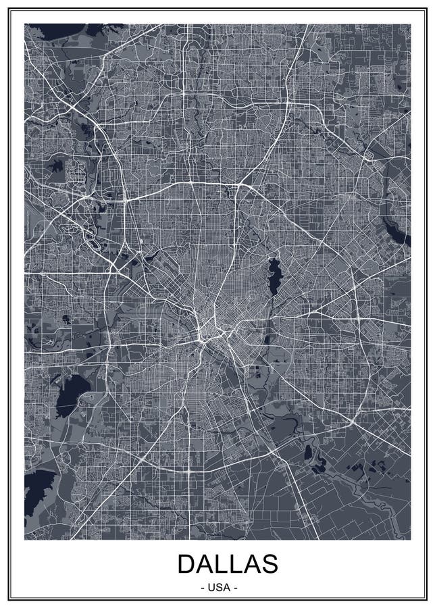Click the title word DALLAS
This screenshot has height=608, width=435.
pyautogui.click(x=228, y=564)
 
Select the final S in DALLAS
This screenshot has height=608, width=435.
pyautogui.click(x=269, y=564)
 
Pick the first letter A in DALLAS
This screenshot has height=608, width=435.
pyautogui.click(x=205, y=564)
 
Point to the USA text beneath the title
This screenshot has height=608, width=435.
pyautogui.click(x=219, y=588)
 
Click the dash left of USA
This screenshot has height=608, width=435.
pyautogui.click(x=203, y=588)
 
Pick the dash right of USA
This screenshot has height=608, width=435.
pyautogui.click(x=235, y=588)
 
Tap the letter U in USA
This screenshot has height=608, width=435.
pyautogui.click(x=211, y=588)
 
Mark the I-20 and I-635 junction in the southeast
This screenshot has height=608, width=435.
pyautogui.click(x=353, y=420)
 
